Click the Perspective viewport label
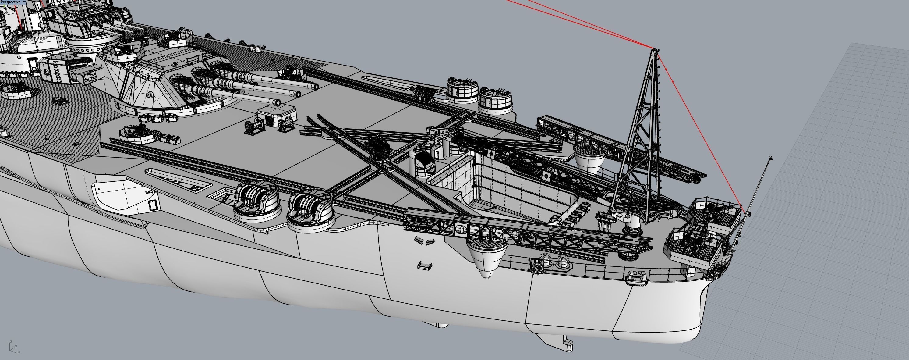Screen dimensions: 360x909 pyautogui.click(x=11, y=2)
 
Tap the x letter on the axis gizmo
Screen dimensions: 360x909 pyautogui.click(x=19, y=352)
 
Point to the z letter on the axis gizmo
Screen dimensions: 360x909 pyautogui.click(x=11, y=341)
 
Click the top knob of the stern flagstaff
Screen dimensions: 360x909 pyautogui.click(x=771, y=157)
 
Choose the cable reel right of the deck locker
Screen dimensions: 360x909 pyautogui.click(x=287, y=124)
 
